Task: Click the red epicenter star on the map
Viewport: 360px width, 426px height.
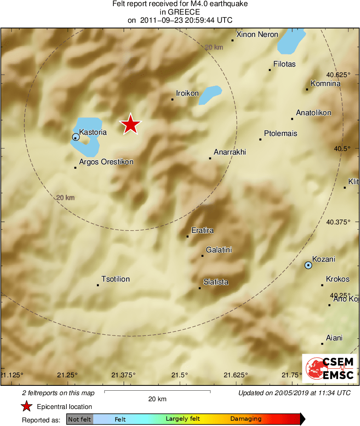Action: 131,125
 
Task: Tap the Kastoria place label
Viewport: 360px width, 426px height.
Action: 93,132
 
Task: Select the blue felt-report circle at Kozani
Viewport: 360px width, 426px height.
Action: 309,265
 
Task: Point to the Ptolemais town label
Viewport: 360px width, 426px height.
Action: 281,133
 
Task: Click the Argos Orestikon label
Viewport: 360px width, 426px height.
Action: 106,162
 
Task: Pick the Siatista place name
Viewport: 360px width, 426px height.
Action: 216,282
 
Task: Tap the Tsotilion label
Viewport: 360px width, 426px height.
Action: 116,279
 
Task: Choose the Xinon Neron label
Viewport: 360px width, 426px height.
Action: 257,34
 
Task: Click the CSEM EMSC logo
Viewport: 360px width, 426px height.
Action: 329,368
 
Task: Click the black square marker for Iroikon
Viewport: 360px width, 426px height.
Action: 172,99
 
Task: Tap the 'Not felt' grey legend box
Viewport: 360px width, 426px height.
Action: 79,419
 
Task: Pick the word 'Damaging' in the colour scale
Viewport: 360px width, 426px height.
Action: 246,419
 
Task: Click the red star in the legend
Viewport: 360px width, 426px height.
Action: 27,407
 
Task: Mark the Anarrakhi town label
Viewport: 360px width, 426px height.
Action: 230,152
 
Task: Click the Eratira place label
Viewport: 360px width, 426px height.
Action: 202,230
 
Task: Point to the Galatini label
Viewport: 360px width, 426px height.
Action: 219,250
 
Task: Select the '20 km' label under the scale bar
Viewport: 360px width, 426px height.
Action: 157,399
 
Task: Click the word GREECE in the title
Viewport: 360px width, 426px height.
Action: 180,12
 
